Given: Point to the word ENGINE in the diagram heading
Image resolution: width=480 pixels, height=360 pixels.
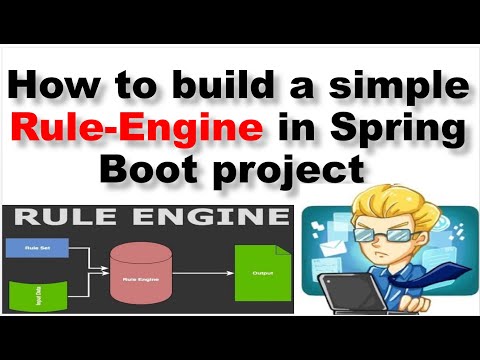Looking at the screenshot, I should (x=206, y=217).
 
